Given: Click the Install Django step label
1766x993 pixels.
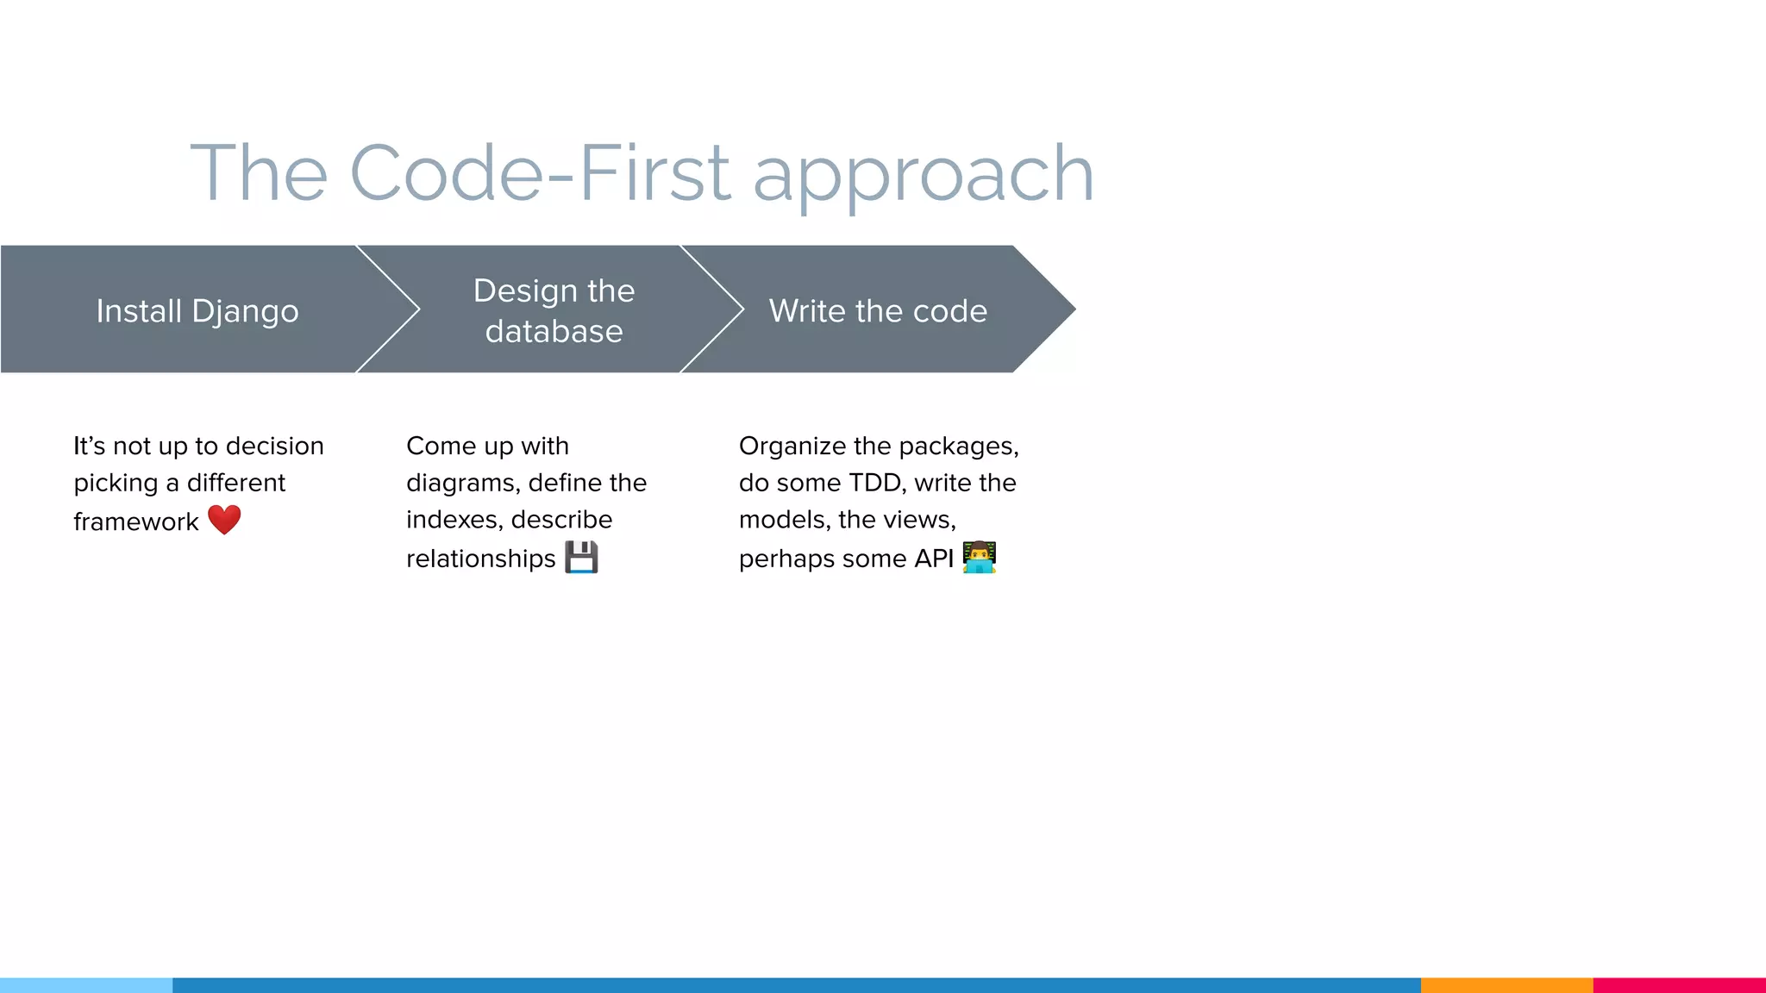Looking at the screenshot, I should (197, 310).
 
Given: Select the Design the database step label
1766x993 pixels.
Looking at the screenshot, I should (554, 310).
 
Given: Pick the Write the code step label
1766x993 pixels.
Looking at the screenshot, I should (878, 310).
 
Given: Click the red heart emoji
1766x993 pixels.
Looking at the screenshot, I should (224, 520).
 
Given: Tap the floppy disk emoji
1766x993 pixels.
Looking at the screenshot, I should (581, 557).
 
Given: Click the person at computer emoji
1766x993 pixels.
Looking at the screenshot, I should (980, 557).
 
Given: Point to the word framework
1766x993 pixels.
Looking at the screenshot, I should (135, 521).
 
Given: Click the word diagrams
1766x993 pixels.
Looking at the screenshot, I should (462, 483).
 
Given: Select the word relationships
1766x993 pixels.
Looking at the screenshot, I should (480, 559).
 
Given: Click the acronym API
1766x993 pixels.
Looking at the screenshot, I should (934, 559).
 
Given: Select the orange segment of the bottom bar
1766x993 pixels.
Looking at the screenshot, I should (1506, 984).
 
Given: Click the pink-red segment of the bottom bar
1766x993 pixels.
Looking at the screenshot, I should (1679, 984).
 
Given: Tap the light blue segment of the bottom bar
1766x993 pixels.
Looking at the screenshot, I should (86, 984).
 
